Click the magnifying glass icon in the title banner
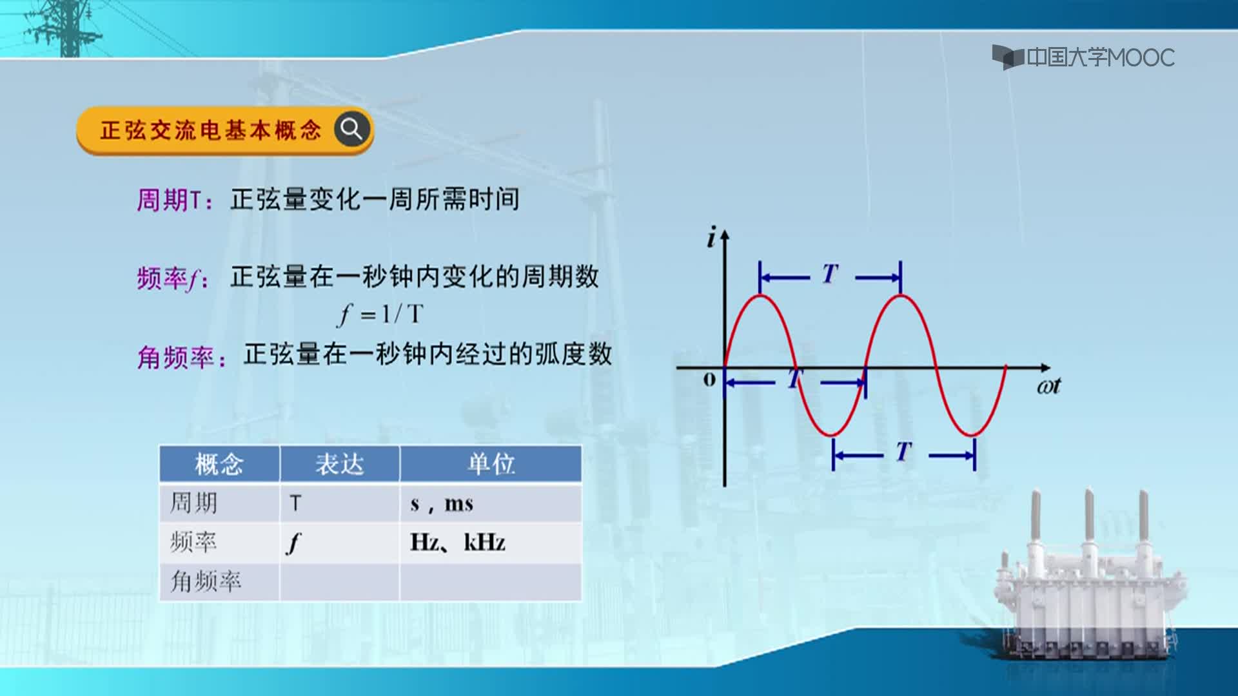[352, 130]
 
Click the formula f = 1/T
[381, 314]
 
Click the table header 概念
[219, 464]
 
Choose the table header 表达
[340, 464]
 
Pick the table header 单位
[491, 464]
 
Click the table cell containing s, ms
[491, 503]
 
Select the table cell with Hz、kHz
[491, 542]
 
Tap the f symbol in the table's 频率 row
[294, 543]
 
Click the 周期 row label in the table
[193, 503]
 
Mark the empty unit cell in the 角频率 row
[491, 582]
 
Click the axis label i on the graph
[711, 238]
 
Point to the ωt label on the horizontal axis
[1049, 386]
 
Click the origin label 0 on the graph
[709, 380]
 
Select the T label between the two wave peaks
[830, 275]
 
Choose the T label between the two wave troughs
[904, 451]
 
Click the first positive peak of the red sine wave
[761, 296]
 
